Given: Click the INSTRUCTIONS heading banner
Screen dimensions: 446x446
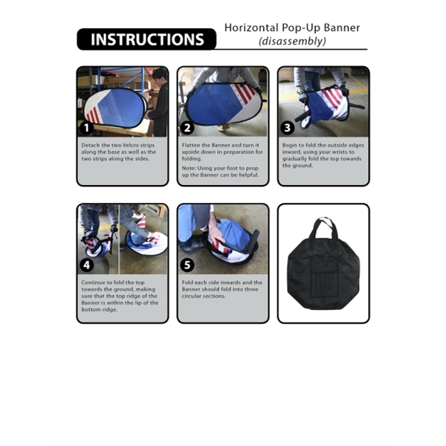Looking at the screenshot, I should (x=146, y=39).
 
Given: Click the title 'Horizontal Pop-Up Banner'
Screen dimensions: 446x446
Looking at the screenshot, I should (x=292, y=28).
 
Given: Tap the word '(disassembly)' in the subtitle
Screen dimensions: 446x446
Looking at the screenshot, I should (x=292, y=42).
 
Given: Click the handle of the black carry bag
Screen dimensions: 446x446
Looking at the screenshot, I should (x=323, y=224).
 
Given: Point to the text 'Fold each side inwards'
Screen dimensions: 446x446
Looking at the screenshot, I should (x=222, y=282).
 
